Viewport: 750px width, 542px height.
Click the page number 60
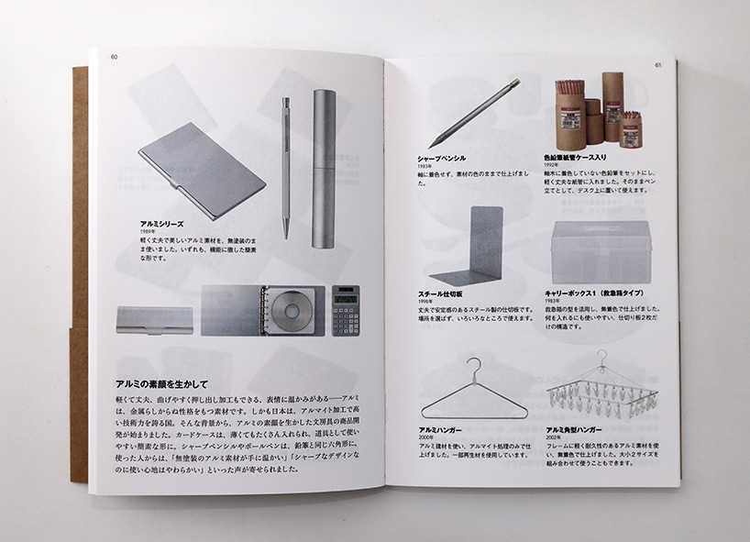115,57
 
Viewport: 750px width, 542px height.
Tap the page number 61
658,64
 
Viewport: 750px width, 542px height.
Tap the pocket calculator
346,310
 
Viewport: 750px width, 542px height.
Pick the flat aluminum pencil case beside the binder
155,319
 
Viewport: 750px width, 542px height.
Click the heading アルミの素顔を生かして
162,383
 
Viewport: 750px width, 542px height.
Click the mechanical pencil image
473,114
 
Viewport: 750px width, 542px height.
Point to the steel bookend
474,249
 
